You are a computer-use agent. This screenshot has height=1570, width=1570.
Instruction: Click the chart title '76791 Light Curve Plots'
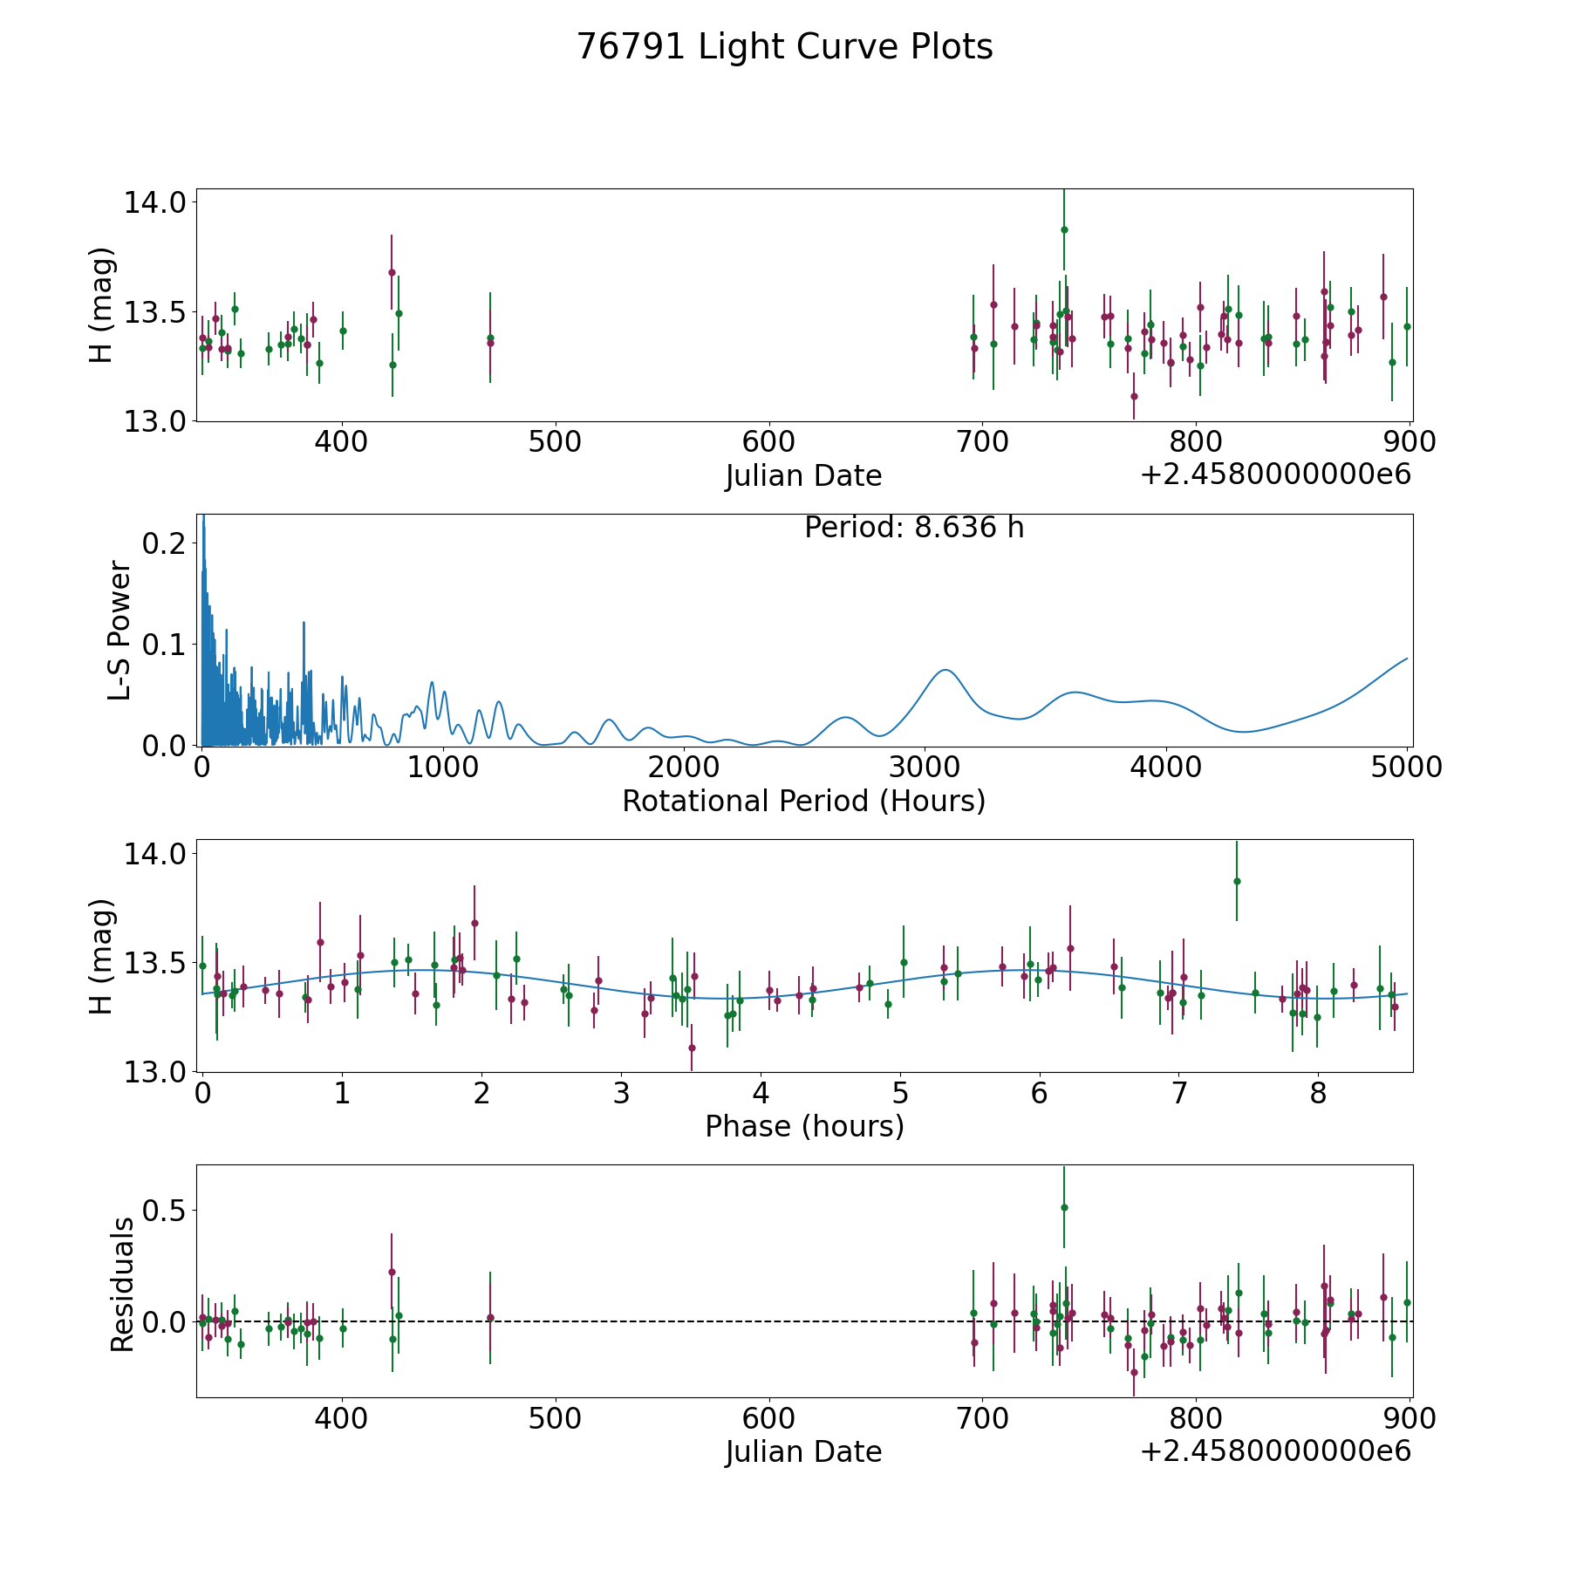pyautogui.click(x=784, y=47)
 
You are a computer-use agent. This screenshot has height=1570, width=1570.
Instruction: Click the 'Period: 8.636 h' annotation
pyautogui.click(x=913, y=528)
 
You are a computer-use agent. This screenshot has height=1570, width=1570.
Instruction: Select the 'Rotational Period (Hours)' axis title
pyautogui.click(x=803, y=801)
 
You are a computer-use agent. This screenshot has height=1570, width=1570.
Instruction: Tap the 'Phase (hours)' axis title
pyautogui.click(x=803, y=1126)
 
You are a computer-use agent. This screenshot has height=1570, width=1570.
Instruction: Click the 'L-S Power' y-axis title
pyautogui.click(x=119, y=630)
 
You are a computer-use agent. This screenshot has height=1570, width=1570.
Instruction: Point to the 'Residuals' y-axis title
pyautogui.click(x=122, y=1285)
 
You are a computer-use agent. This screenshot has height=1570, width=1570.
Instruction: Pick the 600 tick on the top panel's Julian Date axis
pyautogui.click(x=768, y=442)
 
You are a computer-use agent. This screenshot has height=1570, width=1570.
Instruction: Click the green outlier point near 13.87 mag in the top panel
pyautogui.click(x=1064, y=229)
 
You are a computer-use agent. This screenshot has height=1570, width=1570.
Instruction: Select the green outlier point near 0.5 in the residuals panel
pyautogui.click(x=1064, y=1207)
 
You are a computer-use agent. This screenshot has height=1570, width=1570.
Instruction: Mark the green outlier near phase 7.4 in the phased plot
pyautogui.click(x=1237, y=881)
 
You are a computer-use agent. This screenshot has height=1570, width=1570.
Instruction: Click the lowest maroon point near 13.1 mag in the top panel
pyautogui.click(x=1134, y=396)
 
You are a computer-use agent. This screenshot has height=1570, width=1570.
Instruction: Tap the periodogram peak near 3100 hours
pyautogui.click(x=945, y=670)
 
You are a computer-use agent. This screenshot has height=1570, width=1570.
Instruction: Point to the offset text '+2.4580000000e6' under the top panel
pyautogui.click(x=1275, y=474)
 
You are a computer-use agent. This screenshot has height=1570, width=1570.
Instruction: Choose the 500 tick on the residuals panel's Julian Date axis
pyautogui.click(x=556, y=1419)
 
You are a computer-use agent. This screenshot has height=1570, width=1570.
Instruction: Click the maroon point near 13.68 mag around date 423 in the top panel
pyautogui.click(x=392, y=272)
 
